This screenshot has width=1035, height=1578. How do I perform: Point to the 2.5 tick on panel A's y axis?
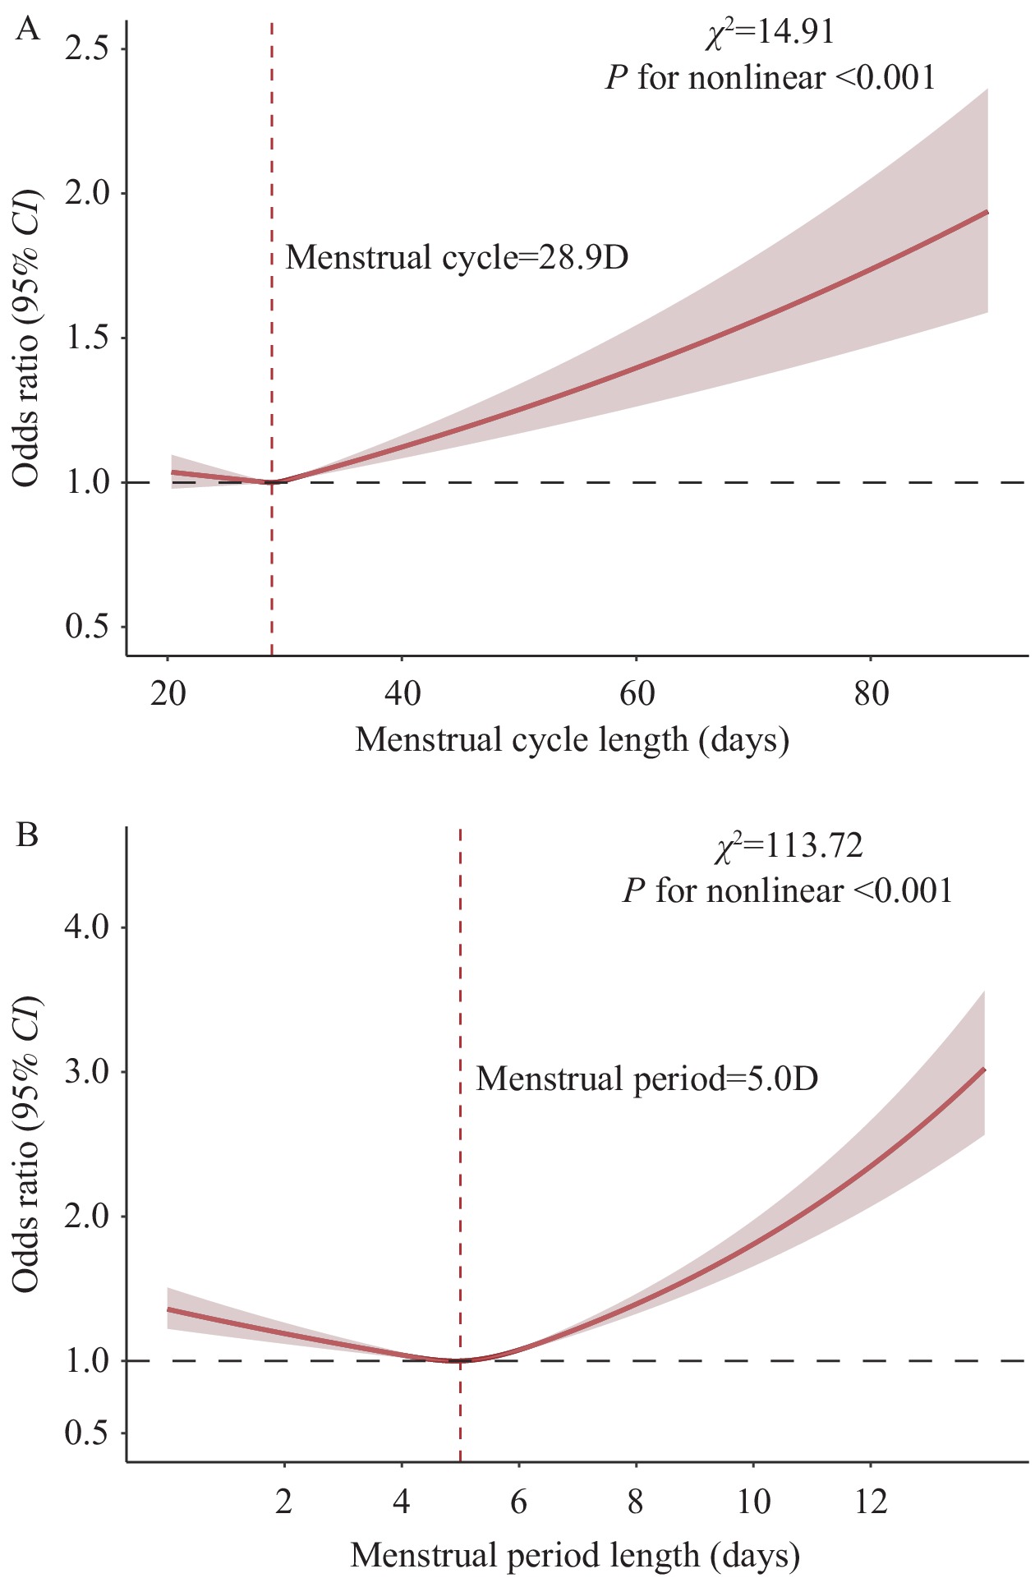point(87,49)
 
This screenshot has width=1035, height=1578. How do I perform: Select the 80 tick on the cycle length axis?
point(871,695)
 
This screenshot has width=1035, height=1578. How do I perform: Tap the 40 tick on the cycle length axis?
point(402,695)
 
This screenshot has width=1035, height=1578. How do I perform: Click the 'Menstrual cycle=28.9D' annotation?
point(457,258)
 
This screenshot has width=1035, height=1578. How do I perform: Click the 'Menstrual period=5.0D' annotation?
point(647,1079)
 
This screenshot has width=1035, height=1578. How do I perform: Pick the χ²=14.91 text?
point(770,33)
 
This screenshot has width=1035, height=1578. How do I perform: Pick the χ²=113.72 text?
point(789,846)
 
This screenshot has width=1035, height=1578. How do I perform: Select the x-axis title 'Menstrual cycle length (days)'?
point(572,740)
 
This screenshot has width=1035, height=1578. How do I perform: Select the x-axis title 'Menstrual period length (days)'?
point(575,1556)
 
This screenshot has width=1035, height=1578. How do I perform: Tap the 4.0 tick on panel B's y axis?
point(87,928)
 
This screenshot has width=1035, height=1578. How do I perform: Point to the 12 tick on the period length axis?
point(871,1503)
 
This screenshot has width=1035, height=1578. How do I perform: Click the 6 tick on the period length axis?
point(518,1503)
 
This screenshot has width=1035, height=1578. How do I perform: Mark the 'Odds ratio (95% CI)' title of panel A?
point(26,337)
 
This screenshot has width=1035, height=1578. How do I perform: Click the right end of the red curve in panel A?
point(987,212)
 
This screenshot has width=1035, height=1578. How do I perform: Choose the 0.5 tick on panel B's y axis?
point(87,1433)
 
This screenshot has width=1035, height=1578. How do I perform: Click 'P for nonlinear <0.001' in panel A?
point(770,78)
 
